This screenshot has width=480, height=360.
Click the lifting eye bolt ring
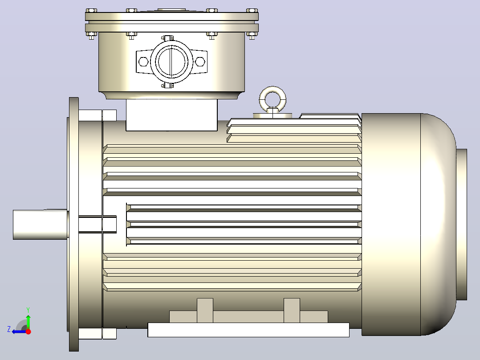(x=273, y=91)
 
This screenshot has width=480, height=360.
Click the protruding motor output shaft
(x=40, y=224)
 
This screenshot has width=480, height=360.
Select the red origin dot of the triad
(x=28, y=331)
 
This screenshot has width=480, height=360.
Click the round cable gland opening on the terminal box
(x=171, y=61)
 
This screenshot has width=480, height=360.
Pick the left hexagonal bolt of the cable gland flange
(x=143, y=61)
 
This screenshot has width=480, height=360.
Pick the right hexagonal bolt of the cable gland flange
(x=200, y=61)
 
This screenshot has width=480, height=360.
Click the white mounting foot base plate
(x=248, y=330)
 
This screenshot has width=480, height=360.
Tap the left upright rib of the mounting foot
(x=205, y=311)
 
